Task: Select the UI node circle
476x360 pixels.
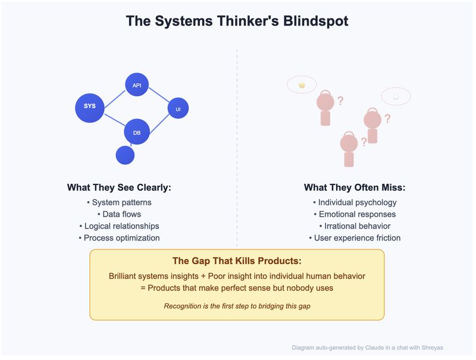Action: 178,109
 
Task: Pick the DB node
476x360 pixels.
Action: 137,132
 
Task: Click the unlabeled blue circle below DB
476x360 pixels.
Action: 125,155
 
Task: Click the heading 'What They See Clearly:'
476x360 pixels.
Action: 119,187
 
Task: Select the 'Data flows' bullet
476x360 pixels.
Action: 119,214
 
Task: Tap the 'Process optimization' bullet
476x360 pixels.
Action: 119,238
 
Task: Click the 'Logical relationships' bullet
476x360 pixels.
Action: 119,226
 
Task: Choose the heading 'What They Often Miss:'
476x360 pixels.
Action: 355,187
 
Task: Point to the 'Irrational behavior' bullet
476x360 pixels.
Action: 355,226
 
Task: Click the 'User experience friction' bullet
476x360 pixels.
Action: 355,238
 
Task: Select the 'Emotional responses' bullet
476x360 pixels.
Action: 355,214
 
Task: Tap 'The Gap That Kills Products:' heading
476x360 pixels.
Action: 237,261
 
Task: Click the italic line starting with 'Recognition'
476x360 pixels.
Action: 237,306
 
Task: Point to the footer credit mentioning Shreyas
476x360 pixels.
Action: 368,348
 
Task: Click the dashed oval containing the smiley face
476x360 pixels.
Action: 302,85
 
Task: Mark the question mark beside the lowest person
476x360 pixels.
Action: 364,142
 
